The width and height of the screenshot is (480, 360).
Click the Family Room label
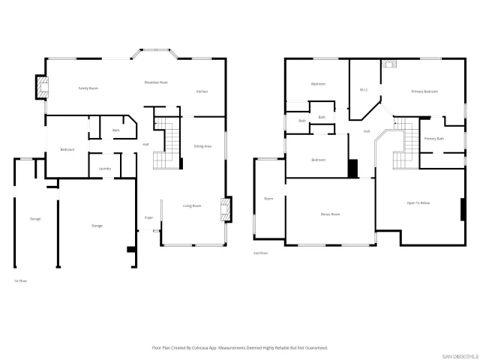[x=88, y=88]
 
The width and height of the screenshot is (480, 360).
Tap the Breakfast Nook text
[x=156, y=82]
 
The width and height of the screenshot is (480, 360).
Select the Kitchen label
[x=202, y=91]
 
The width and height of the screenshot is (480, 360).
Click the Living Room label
[x=193, y=205]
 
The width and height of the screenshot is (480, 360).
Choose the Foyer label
[x=149, y=217]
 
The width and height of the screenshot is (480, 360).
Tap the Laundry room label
[x=105, y=168]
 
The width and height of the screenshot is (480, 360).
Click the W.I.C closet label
[x=363, y=89]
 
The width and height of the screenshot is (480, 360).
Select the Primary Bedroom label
[x=424, y=91]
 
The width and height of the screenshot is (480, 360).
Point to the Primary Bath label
[x=434, y=139]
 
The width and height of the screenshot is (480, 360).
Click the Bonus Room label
[x=331, y=214]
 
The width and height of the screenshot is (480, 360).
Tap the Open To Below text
[x=418, y=203]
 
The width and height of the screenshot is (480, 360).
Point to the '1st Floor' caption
[x=21, y=280]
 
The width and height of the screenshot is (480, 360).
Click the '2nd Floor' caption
[x=260, y=253]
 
